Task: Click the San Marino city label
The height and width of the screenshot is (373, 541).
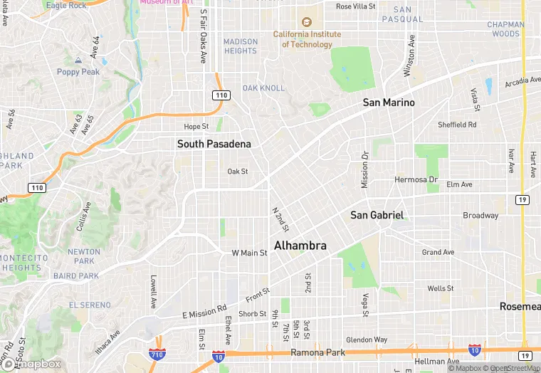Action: [388, 103]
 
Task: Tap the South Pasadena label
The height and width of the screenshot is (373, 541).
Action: [214, 144]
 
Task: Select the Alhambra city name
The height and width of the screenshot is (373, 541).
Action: [300, 246]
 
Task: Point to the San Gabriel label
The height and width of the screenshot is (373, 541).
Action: [377, 215]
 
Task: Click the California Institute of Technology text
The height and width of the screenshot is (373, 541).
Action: [307, 39]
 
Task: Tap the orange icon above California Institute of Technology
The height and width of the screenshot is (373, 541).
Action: [307, 22]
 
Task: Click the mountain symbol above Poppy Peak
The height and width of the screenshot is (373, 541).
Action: [78, 60]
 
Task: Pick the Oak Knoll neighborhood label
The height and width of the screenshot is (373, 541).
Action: [263, 88]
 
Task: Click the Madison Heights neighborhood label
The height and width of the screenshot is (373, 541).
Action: [241, 46]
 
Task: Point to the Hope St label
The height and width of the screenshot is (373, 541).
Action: [196, 127]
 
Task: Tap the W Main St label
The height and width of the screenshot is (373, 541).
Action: [249, 253]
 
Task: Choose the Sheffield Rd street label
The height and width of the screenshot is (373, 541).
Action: [457, 125]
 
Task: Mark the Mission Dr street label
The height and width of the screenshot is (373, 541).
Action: [365, 169]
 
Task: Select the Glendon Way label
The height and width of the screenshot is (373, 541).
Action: [367, 340]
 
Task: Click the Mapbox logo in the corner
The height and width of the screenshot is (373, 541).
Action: [31, 364]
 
